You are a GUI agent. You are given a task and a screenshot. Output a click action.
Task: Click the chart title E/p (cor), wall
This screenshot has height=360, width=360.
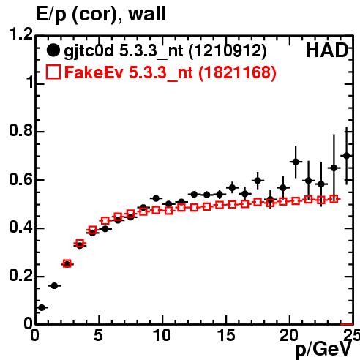tap(100, 15)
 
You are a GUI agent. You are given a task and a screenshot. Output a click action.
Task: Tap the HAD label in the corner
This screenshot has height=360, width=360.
tap(327, 50)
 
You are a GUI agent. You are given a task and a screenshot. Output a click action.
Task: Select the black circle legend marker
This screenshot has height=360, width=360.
tap(53, 50)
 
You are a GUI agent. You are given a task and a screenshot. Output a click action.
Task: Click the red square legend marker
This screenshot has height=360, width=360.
tap(53, 72)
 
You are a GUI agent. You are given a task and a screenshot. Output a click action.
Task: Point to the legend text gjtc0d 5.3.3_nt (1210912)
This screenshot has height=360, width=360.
tap(165, 51)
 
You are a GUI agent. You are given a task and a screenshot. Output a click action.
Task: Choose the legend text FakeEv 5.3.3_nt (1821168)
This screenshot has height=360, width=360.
tap(170, 72)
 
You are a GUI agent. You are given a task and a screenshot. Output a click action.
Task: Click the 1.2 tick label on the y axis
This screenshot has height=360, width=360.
tap(20, 34)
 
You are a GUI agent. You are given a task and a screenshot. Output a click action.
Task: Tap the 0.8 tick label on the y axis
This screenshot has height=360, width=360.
tap(20, 130)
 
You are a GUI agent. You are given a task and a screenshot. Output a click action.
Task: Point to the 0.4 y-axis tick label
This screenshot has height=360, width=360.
tap(20, 228)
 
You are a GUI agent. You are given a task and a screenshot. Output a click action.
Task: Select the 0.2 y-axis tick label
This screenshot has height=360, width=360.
tap(20, 276)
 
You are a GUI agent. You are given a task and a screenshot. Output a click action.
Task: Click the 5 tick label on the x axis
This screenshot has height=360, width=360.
tap(98, 335)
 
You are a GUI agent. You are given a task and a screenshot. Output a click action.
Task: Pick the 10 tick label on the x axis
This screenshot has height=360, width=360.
tap(162, 335)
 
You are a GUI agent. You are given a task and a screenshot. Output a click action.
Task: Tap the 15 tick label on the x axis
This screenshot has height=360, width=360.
tap(226, 335)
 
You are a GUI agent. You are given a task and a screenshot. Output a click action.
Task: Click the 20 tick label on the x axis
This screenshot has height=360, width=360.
tap(289, 335)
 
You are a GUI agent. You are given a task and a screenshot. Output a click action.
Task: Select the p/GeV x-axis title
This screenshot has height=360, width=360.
tap(323, 350)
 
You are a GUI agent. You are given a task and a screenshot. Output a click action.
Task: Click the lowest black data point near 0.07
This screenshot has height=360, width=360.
tap(42, 308)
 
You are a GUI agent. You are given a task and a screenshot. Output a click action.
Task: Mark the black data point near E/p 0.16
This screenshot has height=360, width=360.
tap(54, 286)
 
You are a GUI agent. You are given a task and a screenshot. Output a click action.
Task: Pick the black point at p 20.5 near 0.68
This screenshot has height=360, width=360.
tap(296, 162)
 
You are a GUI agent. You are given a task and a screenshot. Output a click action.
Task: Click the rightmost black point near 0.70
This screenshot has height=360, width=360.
tap(347, 156)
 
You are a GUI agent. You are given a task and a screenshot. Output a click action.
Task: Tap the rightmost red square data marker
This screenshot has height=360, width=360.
tap(334, 199)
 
